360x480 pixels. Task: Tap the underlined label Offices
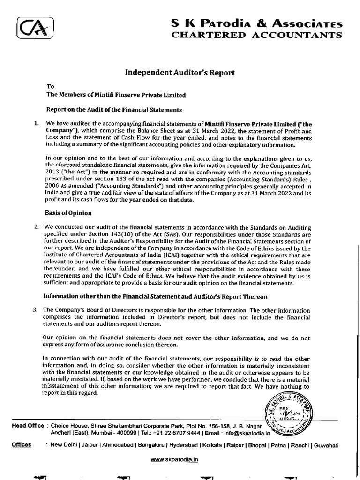tap(22, 444)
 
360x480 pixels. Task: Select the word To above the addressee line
tap(49, 86)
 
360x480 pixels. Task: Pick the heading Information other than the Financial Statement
tap(155, 296)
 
